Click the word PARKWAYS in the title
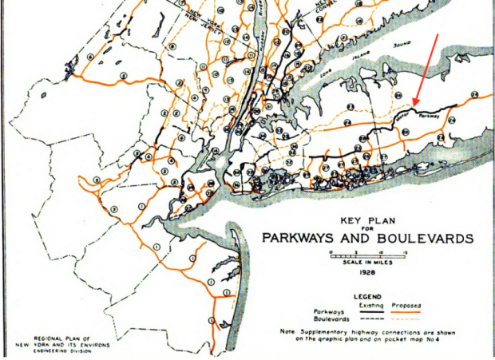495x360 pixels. (303, 238)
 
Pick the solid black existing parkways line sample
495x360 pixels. (366, 312)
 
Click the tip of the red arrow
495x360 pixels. (414, 105)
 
